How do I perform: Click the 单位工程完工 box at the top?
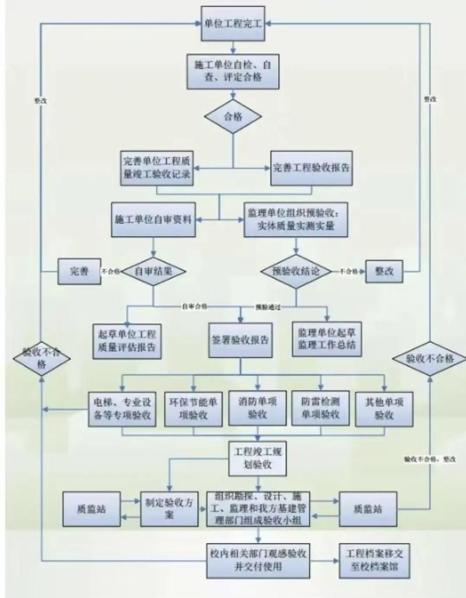pyautogui.click(x=232, y=23)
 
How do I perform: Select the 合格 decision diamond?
pyautogui.click(x=232, y=115)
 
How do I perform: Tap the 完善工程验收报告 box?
pyautogui.click(x=312, y=167)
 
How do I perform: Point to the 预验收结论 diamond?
pyautogui.click(x=296, y=271)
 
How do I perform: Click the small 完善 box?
pyautogui.click(x=80, y=271)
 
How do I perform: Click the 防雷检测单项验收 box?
pyautogui.click(x=320, y=408)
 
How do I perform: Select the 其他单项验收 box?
pyautogui.click(x=384, y=408)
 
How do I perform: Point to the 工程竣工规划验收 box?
pyautogui.click(x=257, y=458)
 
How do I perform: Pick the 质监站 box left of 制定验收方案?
pyautogui.click(x=91, y=508)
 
